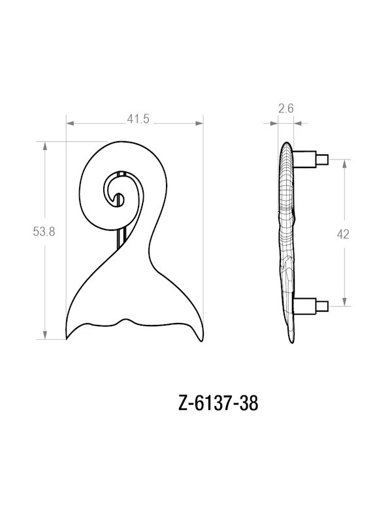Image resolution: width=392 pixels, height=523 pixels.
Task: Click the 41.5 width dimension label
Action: point(138,119)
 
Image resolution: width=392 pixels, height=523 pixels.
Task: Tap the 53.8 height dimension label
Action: point(44,231)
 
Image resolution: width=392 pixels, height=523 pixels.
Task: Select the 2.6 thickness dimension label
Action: point(286,109)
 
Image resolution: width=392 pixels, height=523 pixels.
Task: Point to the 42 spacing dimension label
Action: point(343,235)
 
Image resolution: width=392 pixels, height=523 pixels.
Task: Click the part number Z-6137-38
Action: point(219,403)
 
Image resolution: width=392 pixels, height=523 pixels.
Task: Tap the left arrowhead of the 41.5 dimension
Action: point(70,124)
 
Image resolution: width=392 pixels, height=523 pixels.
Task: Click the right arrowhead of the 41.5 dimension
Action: point(199,124)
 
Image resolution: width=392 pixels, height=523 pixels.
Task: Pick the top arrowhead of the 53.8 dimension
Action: point(45,146)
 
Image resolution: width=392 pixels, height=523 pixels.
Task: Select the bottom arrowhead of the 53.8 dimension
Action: point(45,335)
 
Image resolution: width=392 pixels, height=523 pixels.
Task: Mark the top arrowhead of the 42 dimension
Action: point(345,163)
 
